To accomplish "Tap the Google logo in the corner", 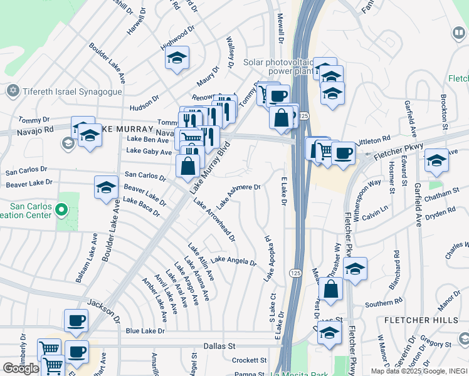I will point(21,368).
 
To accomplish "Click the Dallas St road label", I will point(219,345).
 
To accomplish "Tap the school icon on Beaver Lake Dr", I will point(106,186).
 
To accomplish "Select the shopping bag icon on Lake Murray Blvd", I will point(187,166).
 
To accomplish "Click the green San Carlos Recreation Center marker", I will point(61,209).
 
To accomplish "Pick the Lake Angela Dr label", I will point(233,261).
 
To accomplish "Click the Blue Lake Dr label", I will point(145,330).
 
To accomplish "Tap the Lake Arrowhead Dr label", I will point(214,220).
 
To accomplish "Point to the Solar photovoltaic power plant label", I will point(273,67).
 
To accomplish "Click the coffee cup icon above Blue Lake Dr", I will point(76,320).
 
